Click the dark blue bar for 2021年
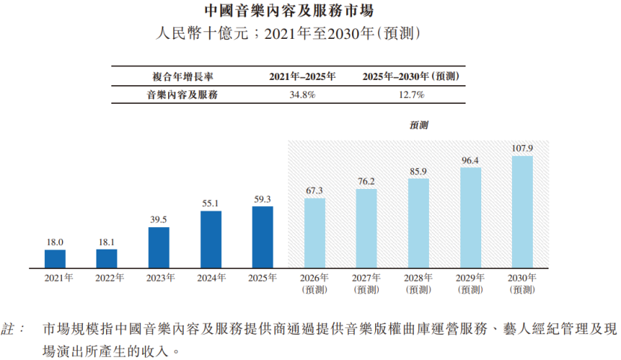click(55, 259)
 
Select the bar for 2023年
click(159, 247)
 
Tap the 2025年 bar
click(262, 238)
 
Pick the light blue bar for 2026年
click(315, 233)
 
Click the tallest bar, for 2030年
click(522, 212)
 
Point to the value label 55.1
click(210, 204)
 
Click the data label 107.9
click(522, 149)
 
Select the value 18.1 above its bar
click(107, 243)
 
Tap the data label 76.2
click(366, 181)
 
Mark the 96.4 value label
click(470, 161)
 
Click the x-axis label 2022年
click(110, 278)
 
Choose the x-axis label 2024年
click(211, 278)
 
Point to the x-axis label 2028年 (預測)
click(418, 284)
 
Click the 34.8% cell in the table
click(303, 95)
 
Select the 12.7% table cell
click(412, 95)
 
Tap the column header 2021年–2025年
click(303, 76)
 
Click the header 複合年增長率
click(183, 77)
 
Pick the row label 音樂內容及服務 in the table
click(182, 95)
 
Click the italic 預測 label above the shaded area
click(419, 125)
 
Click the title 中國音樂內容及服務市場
click(289, 10)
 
